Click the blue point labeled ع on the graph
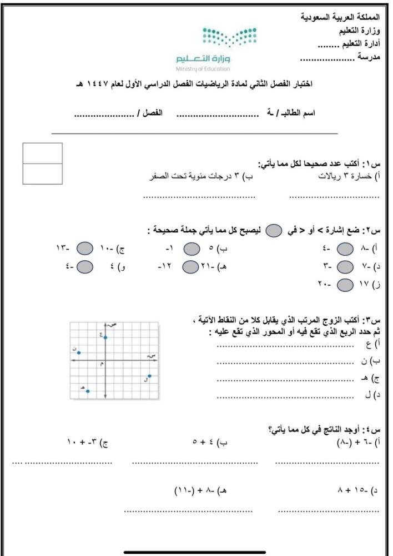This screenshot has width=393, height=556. point(105,337)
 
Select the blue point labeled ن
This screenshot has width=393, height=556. point(79,353)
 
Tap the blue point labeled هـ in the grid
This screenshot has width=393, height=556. point(88,391)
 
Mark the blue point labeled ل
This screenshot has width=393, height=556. point(149,376)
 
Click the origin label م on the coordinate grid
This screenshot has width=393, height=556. point(102,364)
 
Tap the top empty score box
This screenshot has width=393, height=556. point(43,153)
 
